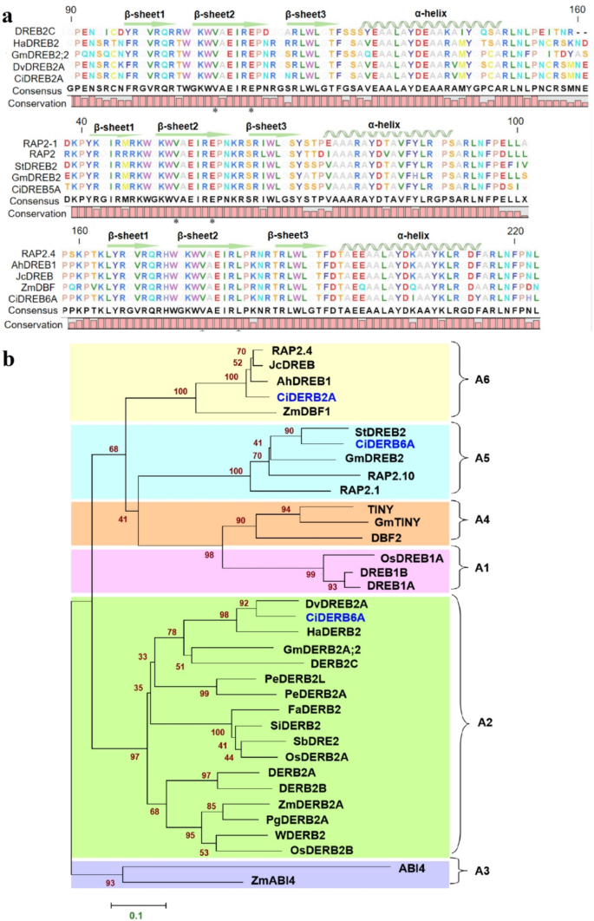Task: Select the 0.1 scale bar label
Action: tap(137, 912)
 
